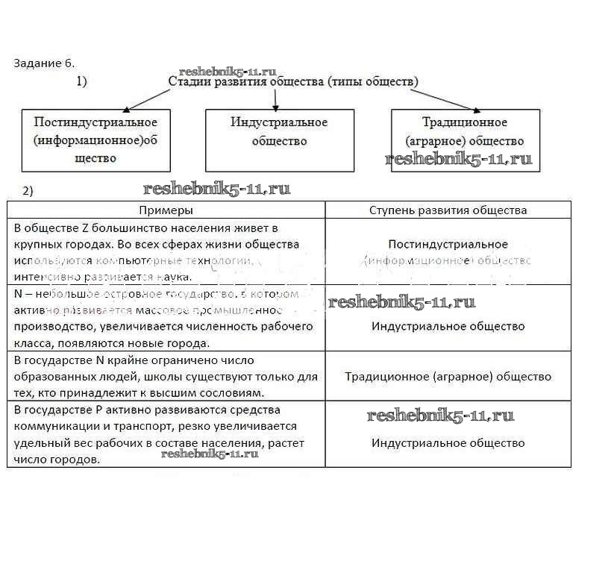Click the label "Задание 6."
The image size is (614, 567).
tap(44, 63)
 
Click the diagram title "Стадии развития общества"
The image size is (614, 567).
tap(293, 81)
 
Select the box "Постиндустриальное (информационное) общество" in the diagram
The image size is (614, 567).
tap(95, 140)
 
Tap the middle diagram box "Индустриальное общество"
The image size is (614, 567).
tap(279, 140)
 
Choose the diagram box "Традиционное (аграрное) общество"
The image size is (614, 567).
tap(465, 131)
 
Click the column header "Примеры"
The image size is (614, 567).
tap(166, 210)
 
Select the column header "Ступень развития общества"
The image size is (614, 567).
tap(448, 210)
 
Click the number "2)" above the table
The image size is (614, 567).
tap(28, 191)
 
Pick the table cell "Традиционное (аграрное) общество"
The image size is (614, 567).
tap(448, 377)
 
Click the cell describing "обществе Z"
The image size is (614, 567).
tap(166, 251)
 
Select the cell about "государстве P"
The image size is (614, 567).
tap(166, 435)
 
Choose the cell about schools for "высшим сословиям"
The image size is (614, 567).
tap(166, 376)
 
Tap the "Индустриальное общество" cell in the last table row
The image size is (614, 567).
tap(448, 443)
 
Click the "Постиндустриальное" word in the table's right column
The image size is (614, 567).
tap(448, 244)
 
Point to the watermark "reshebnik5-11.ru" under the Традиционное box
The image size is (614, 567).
tap(458, 160)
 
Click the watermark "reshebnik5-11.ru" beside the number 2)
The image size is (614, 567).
tap(216, 189)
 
